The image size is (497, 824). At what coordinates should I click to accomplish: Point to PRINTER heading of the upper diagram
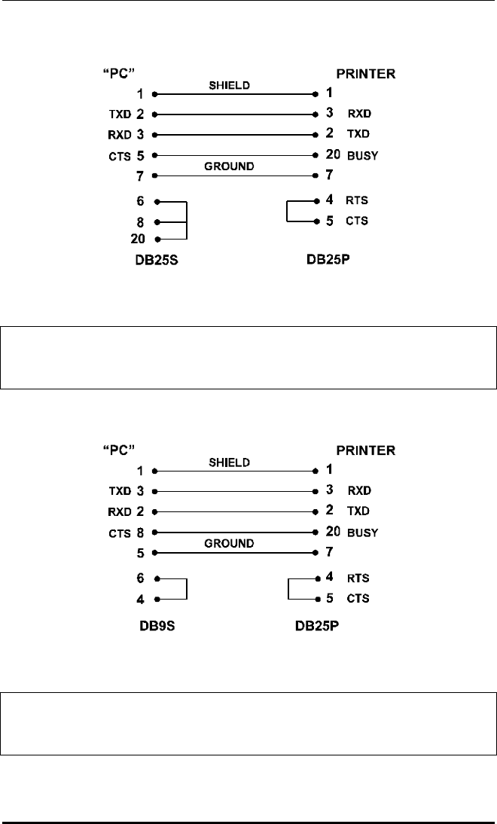point(366,74)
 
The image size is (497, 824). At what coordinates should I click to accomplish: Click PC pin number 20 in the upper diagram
point(141,240)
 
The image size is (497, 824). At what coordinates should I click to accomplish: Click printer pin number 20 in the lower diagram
point(334,532)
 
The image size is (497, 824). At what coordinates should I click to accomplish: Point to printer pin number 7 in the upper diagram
point(330,175)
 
